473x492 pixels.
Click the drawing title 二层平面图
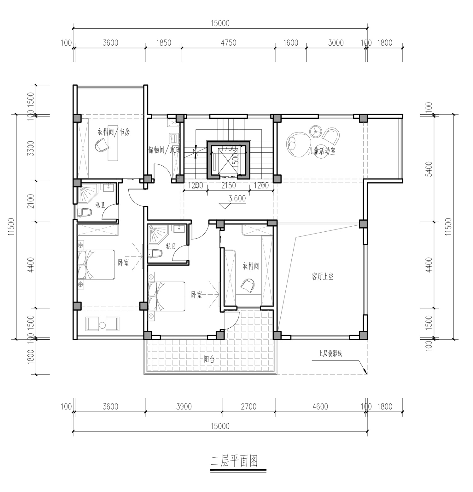click(x=234, y=461)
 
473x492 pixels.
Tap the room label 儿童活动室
click(x=322, y=151)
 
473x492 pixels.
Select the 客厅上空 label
click(x=322, y=277)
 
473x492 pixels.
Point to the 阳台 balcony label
click(x=209, y=359)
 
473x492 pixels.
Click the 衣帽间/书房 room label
click(x=114, y=132)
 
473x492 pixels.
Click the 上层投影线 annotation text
click(x=330, y=354)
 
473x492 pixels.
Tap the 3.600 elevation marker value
click(x=237, y=199)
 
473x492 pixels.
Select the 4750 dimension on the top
click(x=229, y=42)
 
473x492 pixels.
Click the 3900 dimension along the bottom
click(x=184, y=407)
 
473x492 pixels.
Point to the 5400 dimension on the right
click(x=429, y=169)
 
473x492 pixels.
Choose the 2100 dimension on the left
click(x=31, y=201)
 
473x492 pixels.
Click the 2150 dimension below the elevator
click(x=229, y=186)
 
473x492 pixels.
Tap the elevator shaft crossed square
click(x=228, y=159)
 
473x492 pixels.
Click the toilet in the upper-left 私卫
click(x=85, y=213)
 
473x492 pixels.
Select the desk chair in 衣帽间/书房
click(x=102, y=145)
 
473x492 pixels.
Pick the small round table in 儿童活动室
click(x=315, y=131)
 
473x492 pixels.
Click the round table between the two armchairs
click(x=102, y=325)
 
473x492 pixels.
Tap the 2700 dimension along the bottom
click(x=248, y=407)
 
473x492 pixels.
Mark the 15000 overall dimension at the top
click(x=220, y=23)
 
